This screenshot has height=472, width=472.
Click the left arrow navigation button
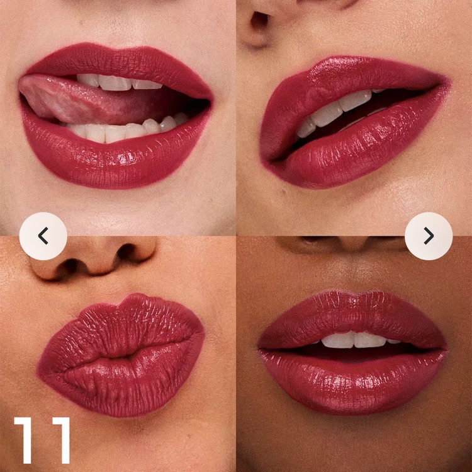click(43, 236)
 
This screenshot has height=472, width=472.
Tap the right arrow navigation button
click(429, 236)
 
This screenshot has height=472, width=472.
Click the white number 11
click(42, 440)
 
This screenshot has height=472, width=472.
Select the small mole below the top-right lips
click(284, 191)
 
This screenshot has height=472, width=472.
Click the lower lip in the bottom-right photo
click(352, 381)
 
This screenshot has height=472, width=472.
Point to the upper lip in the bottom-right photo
click(352, 319)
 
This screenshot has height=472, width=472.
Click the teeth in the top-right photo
click(334, 112)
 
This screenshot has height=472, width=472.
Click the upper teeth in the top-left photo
click(119, 82)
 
